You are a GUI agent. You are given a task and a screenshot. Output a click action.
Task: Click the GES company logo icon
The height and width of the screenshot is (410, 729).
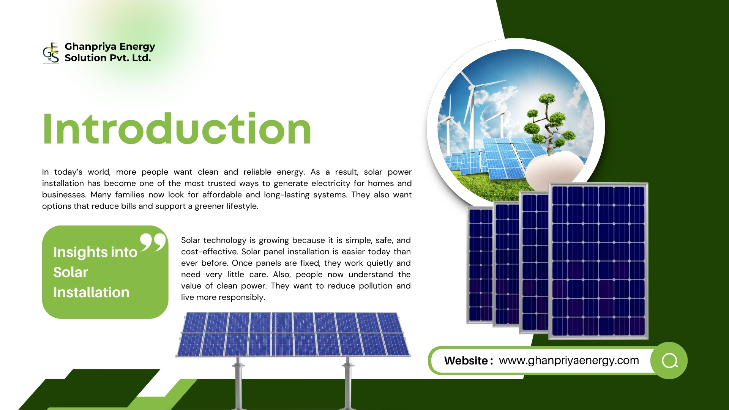pos(51,52)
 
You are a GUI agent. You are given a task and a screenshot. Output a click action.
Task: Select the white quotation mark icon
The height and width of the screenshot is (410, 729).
pos(153,243)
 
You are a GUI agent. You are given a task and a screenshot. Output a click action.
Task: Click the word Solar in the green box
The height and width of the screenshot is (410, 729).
pos(71,272)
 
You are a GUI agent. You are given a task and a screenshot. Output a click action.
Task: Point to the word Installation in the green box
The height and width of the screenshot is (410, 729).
pos(91,292)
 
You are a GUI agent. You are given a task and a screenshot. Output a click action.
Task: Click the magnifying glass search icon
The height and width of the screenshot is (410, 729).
pos(669,361)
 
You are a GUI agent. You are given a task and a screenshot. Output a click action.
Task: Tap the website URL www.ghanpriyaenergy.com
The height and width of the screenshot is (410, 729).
pos(569,360)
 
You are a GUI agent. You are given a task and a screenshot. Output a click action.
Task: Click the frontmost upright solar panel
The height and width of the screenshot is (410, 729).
pos(598,261)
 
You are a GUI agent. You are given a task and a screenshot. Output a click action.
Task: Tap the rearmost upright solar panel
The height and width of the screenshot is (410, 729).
pos(480,266)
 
